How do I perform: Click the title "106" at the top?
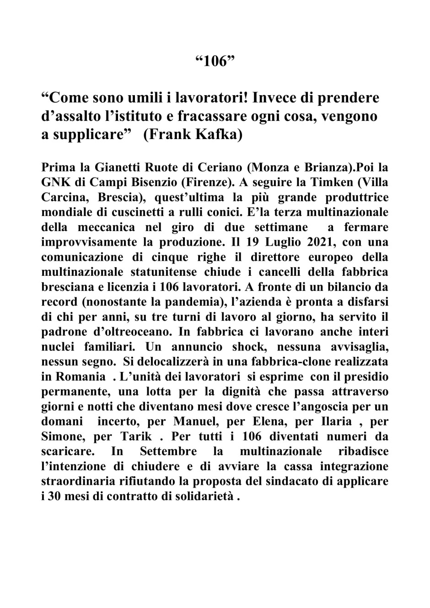coord(215,61)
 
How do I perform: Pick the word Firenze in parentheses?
coord(203,183)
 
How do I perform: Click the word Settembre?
coord(168,452)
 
